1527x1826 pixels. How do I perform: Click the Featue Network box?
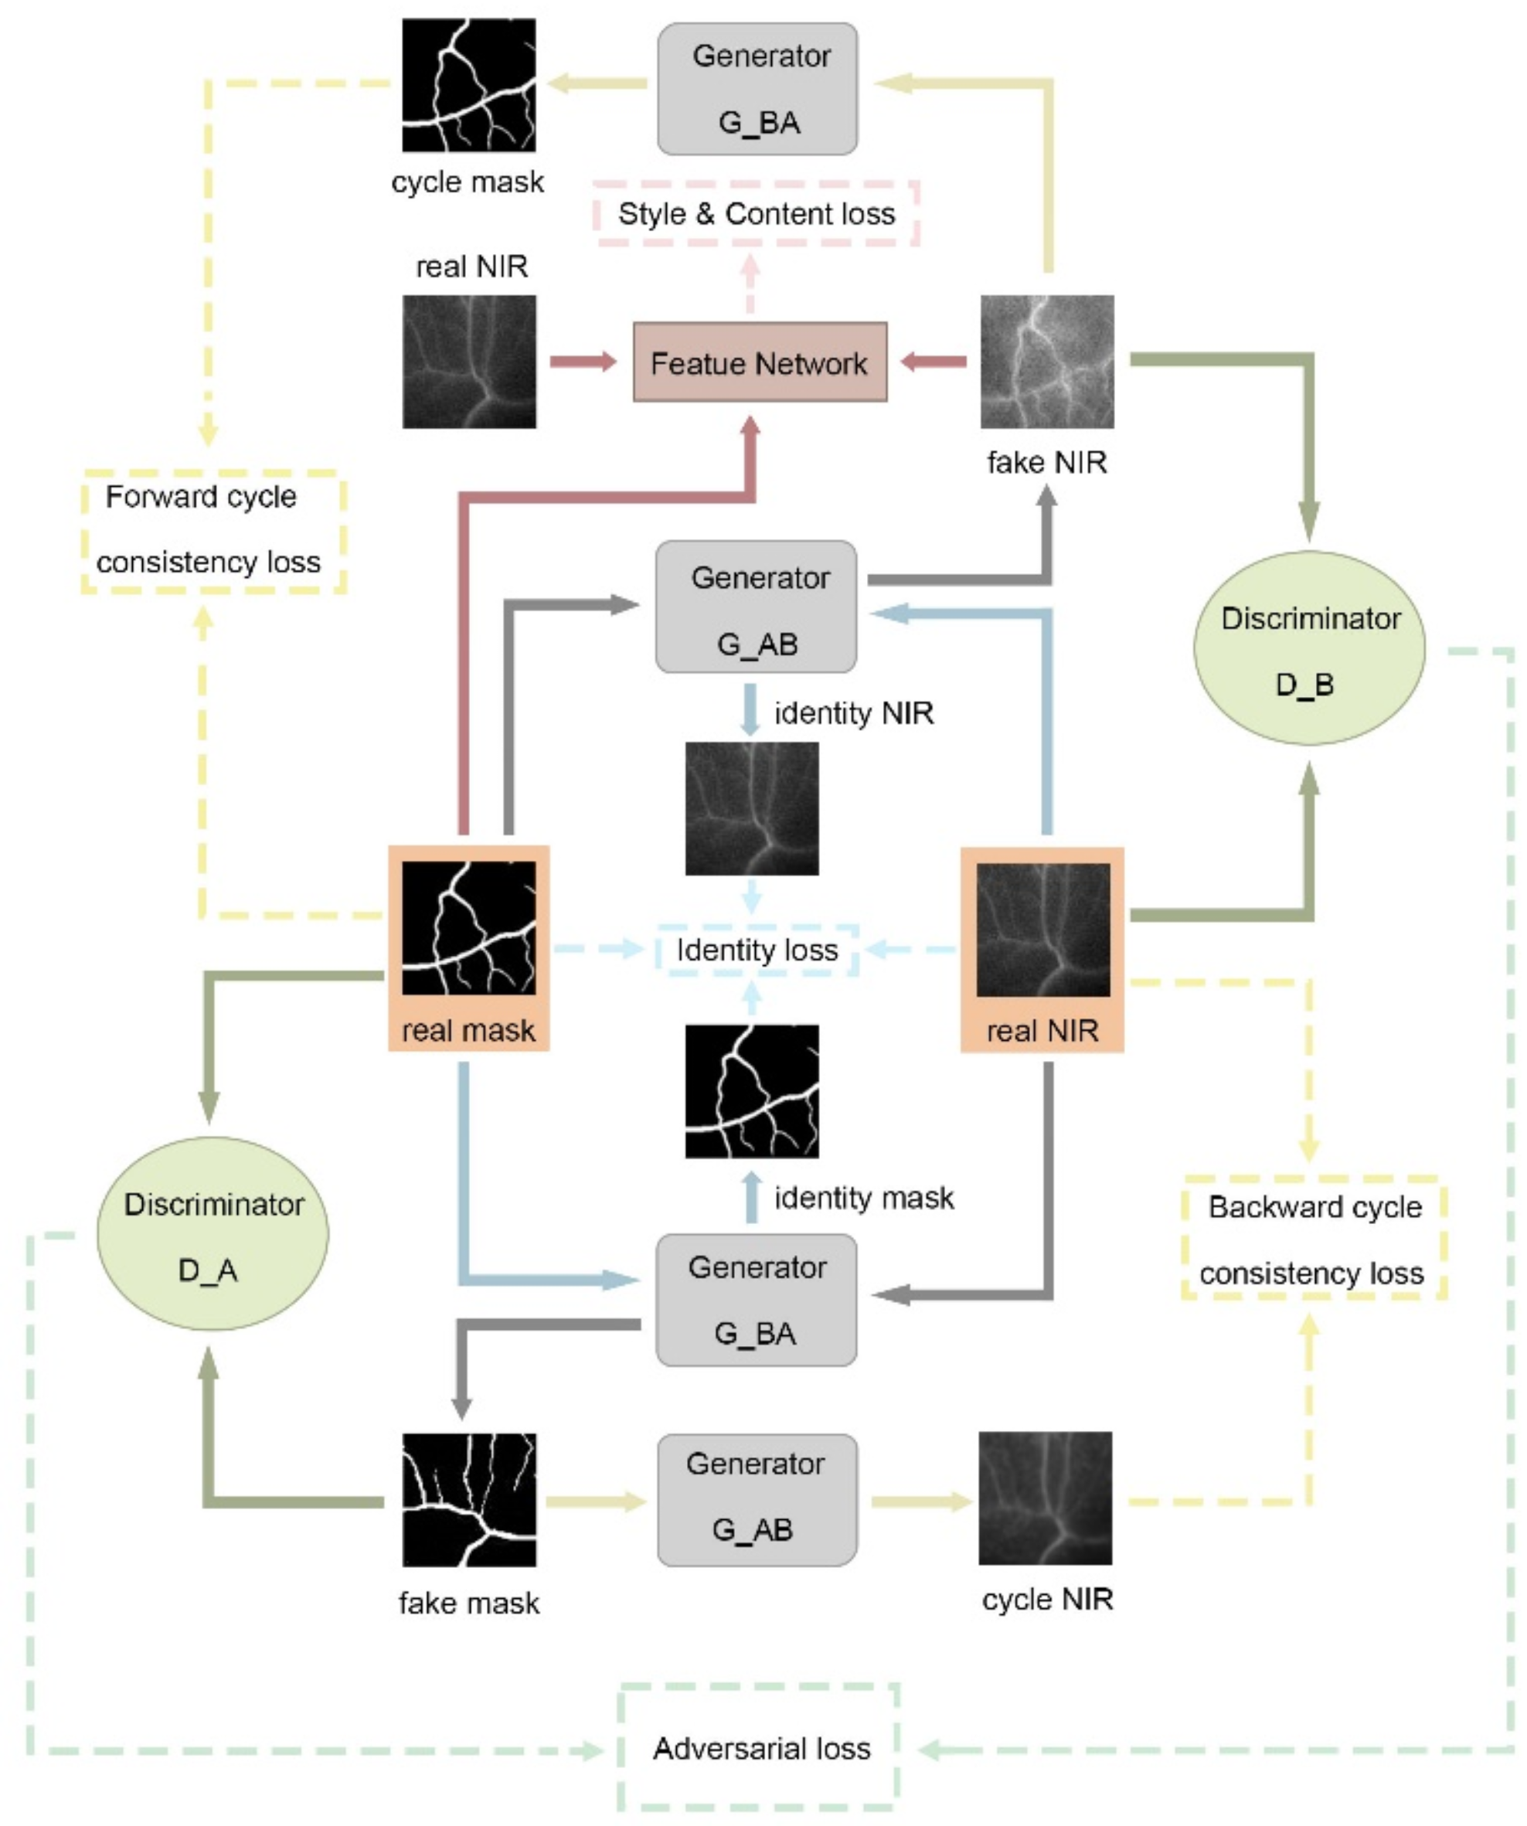759,362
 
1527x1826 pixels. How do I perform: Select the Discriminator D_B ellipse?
1309,648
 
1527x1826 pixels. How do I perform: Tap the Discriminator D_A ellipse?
213,1234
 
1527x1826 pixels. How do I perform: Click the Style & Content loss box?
756,214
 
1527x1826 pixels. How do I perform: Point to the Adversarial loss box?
759,1748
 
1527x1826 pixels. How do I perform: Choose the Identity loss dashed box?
757,950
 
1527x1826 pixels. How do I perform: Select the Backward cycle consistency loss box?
1313,1239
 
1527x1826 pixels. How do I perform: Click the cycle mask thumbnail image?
469,85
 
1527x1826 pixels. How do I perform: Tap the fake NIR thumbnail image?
1047,362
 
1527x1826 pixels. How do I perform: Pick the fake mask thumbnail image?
469,1500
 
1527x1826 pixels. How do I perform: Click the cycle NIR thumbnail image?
1046,1498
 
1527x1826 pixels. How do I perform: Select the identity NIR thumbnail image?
751,808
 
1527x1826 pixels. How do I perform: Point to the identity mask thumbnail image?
751,1091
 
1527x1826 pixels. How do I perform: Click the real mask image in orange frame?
469,928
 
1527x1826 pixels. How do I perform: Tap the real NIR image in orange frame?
1042,930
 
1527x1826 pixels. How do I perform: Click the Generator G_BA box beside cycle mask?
757,89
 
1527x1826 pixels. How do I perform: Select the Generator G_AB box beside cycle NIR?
757,1500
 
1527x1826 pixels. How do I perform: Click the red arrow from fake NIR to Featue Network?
934,362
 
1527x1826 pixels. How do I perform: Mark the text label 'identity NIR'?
854,713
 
